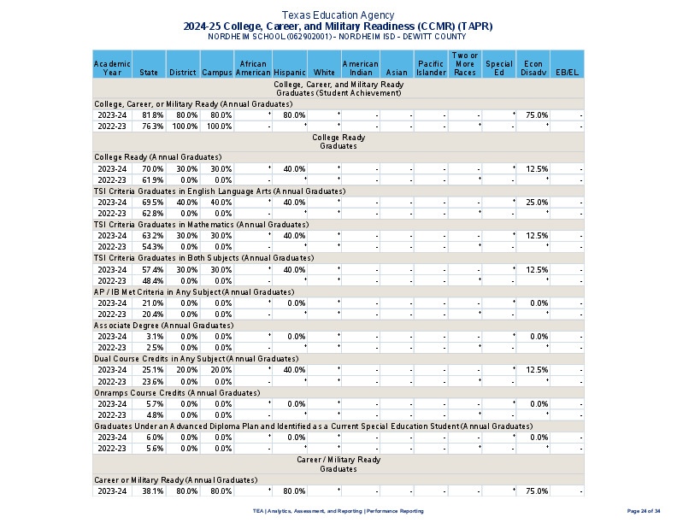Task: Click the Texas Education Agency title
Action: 338,15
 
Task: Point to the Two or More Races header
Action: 465,64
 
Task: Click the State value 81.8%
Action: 153,115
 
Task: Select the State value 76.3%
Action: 153,126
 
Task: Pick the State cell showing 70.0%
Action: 153,168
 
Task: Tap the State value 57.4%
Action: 153,269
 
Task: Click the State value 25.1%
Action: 153,370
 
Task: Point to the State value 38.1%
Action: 153,491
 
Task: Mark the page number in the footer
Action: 644,510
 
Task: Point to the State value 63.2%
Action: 153,235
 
